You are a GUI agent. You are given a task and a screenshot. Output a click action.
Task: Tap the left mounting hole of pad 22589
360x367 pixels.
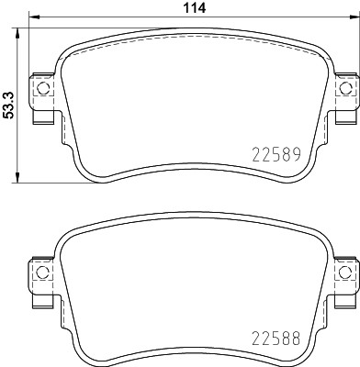(x=39, y=89)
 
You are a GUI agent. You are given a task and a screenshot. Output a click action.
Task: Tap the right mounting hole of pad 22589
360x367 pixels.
(x=346, y=89)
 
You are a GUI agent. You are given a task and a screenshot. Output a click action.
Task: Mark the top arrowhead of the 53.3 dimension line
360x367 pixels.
(x=21, y=25)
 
